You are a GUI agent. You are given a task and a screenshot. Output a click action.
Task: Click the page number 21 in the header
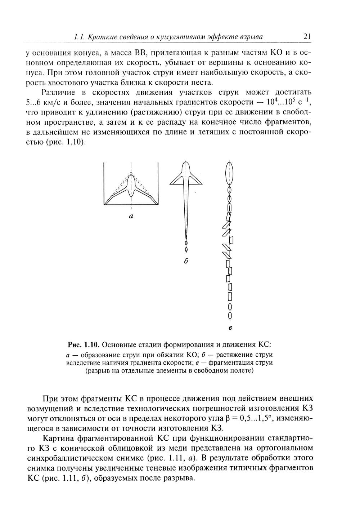click(307, 36)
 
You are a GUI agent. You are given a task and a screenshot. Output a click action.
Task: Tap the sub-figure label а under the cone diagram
click(131, 217)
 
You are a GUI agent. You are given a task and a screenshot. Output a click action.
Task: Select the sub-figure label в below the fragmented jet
click(230, 328)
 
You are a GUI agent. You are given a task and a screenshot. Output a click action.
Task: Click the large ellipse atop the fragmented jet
click(229, 173)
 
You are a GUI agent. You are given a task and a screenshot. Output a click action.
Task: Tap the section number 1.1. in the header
click(79, 37)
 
